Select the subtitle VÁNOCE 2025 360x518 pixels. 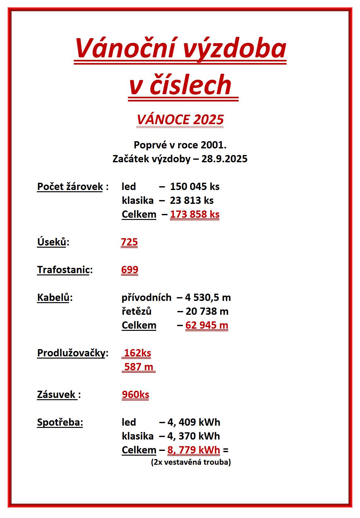point(180,120)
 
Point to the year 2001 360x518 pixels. point(213,145)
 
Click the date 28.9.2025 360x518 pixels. point(224,159)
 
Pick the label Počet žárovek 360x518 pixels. point(70,187)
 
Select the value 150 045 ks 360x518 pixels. point(195,187)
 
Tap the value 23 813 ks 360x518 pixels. point(192,200)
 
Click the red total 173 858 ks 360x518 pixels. point(195,214)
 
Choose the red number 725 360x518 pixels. point(129,242)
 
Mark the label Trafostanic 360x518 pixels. point(63,270)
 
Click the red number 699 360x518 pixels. point(130,270)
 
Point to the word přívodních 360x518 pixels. point(147,297)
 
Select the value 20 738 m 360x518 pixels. point(207,311)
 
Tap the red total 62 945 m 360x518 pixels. point(206,325)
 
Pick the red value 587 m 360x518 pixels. point(139,367)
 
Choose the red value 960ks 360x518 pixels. point(136,394)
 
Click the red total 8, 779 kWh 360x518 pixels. point(194,450)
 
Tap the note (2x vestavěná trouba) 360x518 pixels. point(191,462)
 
